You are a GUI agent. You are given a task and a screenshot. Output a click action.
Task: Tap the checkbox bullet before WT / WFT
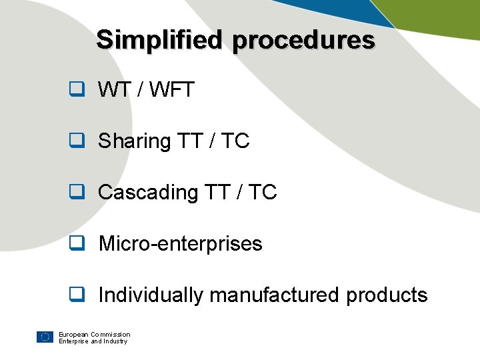[x=77, y=89]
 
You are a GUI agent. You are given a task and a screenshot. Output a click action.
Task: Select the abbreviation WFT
[x=172, y=89]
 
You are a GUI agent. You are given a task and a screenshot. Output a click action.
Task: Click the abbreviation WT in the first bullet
[x=115, y=89]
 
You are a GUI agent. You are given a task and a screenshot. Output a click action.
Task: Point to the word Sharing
[x=135, y=141]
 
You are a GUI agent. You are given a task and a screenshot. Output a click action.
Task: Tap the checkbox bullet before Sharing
[x=77, y=141]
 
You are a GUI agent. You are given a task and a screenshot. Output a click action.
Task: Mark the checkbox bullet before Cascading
[x=77, y=192]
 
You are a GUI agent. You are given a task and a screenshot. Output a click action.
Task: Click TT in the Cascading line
[x=219, y=192]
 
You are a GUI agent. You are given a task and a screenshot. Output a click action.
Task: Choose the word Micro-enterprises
[x=180, y=244]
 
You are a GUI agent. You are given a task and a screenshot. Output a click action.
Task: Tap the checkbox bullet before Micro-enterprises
[x=77, y=243]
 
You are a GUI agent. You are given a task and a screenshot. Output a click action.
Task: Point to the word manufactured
[x=275, y=295]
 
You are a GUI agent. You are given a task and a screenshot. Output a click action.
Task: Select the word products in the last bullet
[x=387, y=295]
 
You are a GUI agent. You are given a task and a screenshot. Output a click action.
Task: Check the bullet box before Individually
[x=77, y=295]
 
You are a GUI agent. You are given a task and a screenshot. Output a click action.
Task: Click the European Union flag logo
[x=45, y=337]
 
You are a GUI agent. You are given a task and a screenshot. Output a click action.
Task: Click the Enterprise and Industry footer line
[x=93, y=341]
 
